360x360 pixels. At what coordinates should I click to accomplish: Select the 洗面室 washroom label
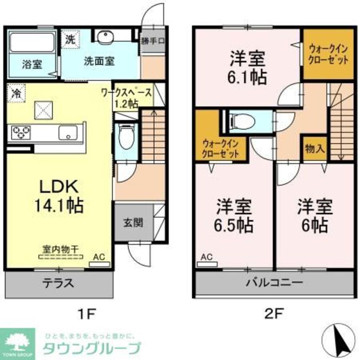click(99, 61)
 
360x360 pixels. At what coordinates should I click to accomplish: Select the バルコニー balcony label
click(274, 283)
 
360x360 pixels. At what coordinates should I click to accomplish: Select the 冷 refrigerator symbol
click(15, 93)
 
